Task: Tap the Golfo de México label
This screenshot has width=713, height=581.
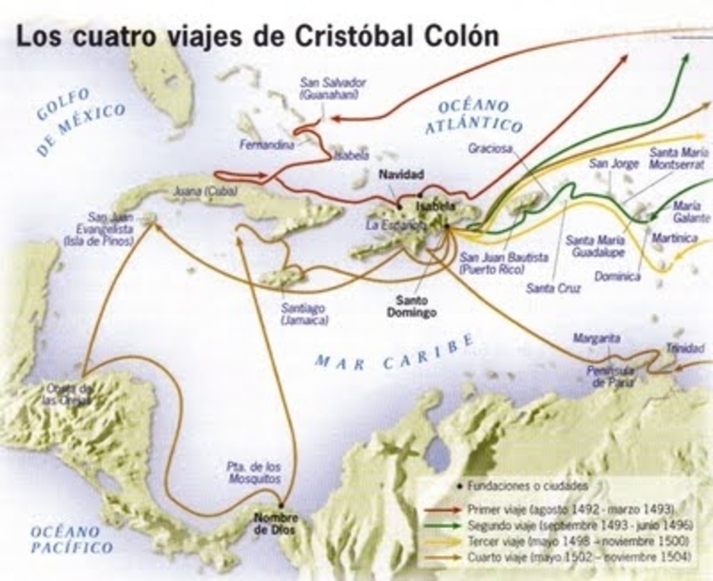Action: [x=81, y=122]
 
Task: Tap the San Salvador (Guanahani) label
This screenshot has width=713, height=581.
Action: [x=330, y=88]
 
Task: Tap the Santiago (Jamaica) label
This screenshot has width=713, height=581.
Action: [x=305, y=314]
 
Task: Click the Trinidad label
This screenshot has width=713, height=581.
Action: [x=684, y=348]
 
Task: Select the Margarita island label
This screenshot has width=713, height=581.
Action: [x=597, y=338]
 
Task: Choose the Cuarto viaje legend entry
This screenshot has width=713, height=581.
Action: [x=569, y=558]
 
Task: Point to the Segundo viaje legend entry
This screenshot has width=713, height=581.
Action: [x=575, y=525]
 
